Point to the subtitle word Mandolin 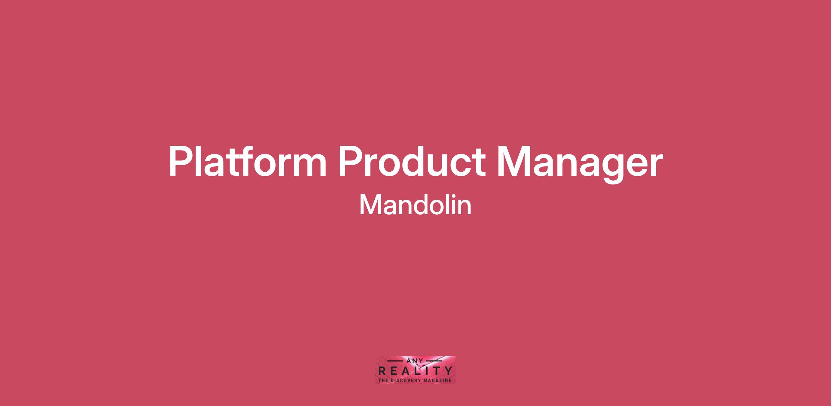415,205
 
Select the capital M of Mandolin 370,205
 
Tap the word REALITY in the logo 415,371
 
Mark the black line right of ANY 434,361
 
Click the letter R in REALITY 382,371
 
